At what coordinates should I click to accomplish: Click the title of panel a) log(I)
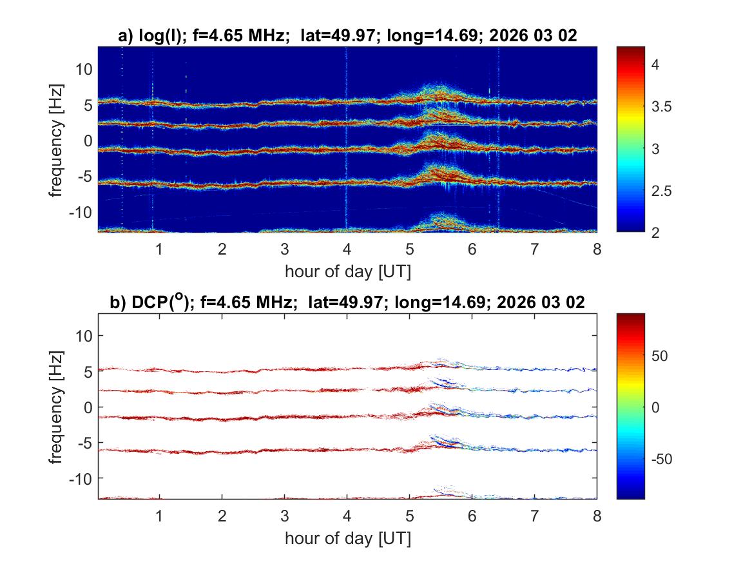pyautogui.click(x=347, y=37)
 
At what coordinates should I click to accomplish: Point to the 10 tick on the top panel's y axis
pyautogui.click(x=84, y=69)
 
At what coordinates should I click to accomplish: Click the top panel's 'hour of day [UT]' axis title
pyautogui.click(x=347, y=271)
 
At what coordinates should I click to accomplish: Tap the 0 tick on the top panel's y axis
pyautogui.click(x=88, y=141)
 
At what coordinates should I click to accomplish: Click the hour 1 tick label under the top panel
pyautogui.click(x=159, y=249)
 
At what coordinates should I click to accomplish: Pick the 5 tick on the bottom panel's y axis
pyautogui.click(x=88, y=371)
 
